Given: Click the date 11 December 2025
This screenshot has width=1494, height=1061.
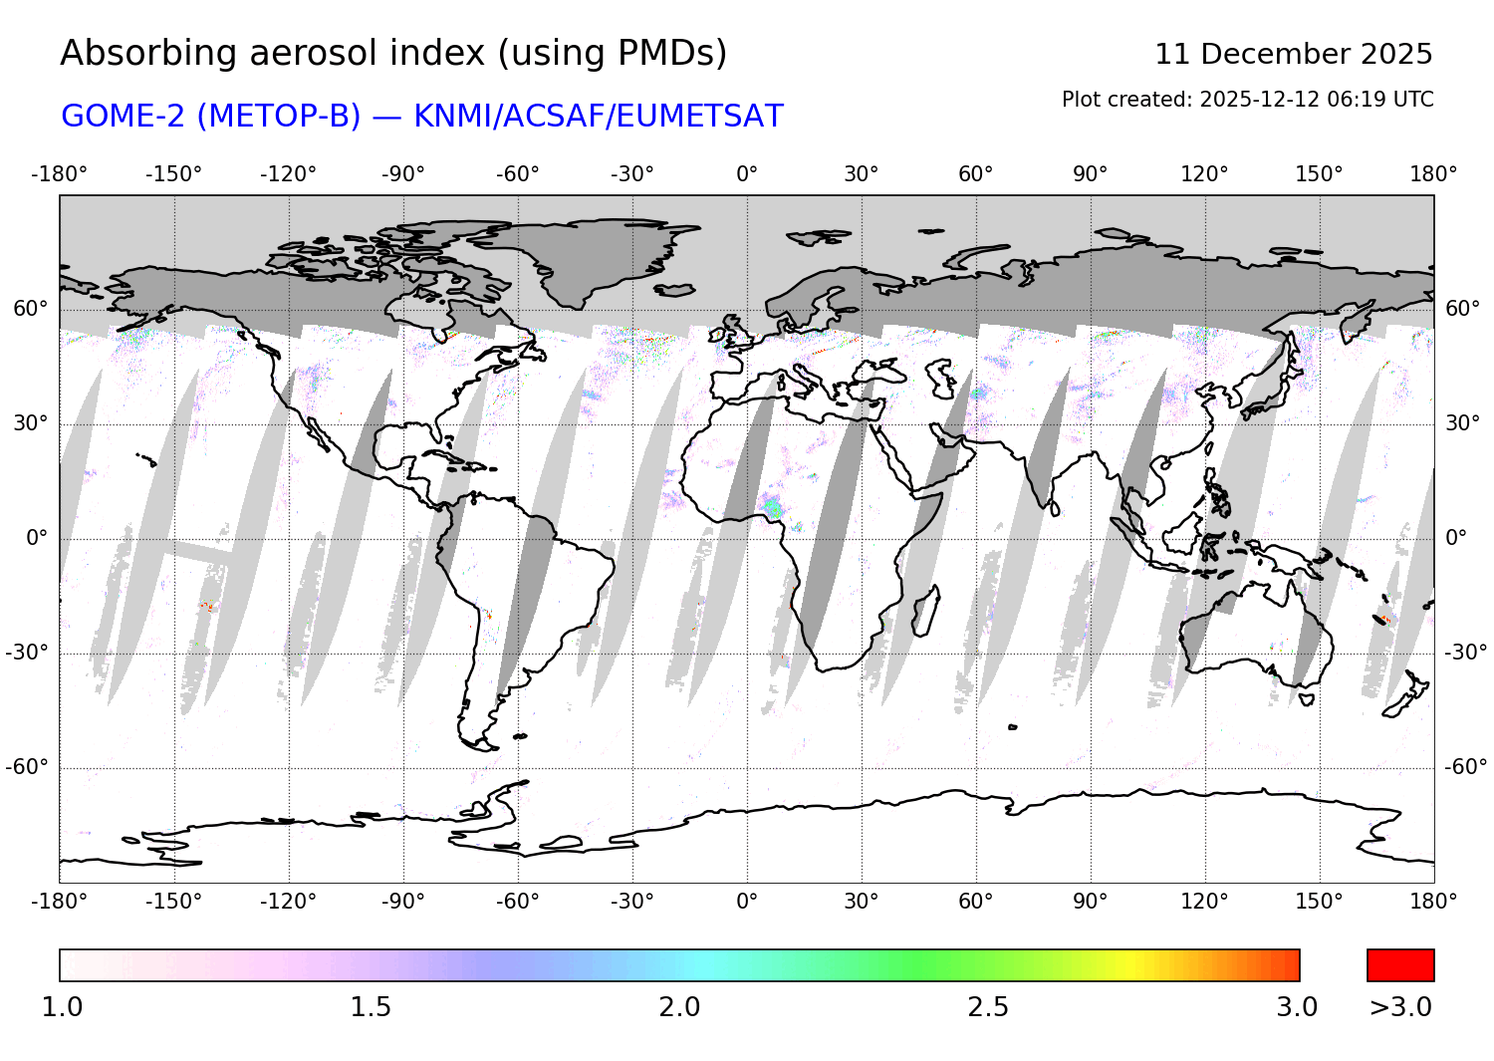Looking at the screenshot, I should pos(1293,54).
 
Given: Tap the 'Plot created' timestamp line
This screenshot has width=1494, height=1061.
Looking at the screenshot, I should pos(1247,100).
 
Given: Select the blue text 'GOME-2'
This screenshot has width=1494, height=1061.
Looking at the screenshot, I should pos(123,117).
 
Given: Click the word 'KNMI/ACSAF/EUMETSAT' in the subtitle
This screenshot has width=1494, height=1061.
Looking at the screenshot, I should pos(598,117).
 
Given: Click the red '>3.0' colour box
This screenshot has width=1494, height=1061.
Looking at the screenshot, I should pos(1400,965).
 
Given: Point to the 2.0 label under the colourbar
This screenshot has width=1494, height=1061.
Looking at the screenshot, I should pos(679,1007).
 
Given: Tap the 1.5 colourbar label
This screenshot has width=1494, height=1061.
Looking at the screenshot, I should pos(371,1007).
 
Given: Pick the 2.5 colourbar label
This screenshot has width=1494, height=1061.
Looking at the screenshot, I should pos(988,1007).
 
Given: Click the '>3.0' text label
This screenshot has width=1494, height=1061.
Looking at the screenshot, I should pos(1400,1007).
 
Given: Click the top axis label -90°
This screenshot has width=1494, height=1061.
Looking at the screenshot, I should pos(402,174).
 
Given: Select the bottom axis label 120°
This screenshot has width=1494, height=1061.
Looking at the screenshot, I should pos(1204,902).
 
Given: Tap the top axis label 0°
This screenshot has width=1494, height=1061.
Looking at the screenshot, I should pos(747,174).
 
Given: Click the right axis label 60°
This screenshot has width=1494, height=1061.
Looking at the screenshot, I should pos(1463,309).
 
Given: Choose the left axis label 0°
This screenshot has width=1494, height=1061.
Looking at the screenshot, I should pos(37,538).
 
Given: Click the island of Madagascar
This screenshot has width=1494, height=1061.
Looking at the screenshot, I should pos(925,610).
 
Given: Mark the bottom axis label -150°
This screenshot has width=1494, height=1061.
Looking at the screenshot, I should pos(174,902).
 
